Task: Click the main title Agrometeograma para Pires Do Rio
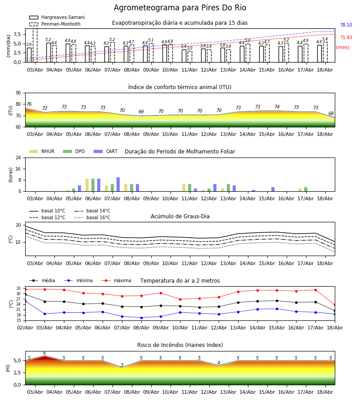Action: [180, 8]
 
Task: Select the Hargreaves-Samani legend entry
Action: [57, 17]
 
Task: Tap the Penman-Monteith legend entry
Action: [55, 24]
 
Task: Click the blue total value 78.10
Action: [346, 25]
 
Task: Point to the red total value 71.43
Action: [346, 37]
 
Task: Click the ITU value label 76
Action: [29, 104]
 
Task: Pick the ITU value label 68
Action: [331, 114]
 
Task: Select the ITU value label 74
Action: [277, 107]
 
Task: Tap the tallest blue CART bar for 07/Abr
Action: [118, 184]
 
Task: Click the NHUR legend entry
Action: [42, 151]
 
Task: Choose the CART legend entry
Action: [106, 151]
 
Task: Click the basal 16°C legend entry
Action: [92, 217]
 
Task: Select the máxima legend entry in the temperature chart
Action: [116, 280]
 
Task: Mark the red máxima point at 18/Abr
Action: [335, 305]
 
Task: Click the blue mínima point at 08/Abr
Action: [141, 318]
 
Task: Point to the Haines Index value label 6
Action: [45, 353]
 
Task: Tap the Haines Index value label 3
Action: [122, 365]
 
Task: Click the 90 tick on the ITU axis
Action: [18, 93]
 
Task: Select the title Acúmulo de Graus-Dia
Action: [180, 216]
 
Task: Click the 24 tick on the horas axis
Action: [18, 158]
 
